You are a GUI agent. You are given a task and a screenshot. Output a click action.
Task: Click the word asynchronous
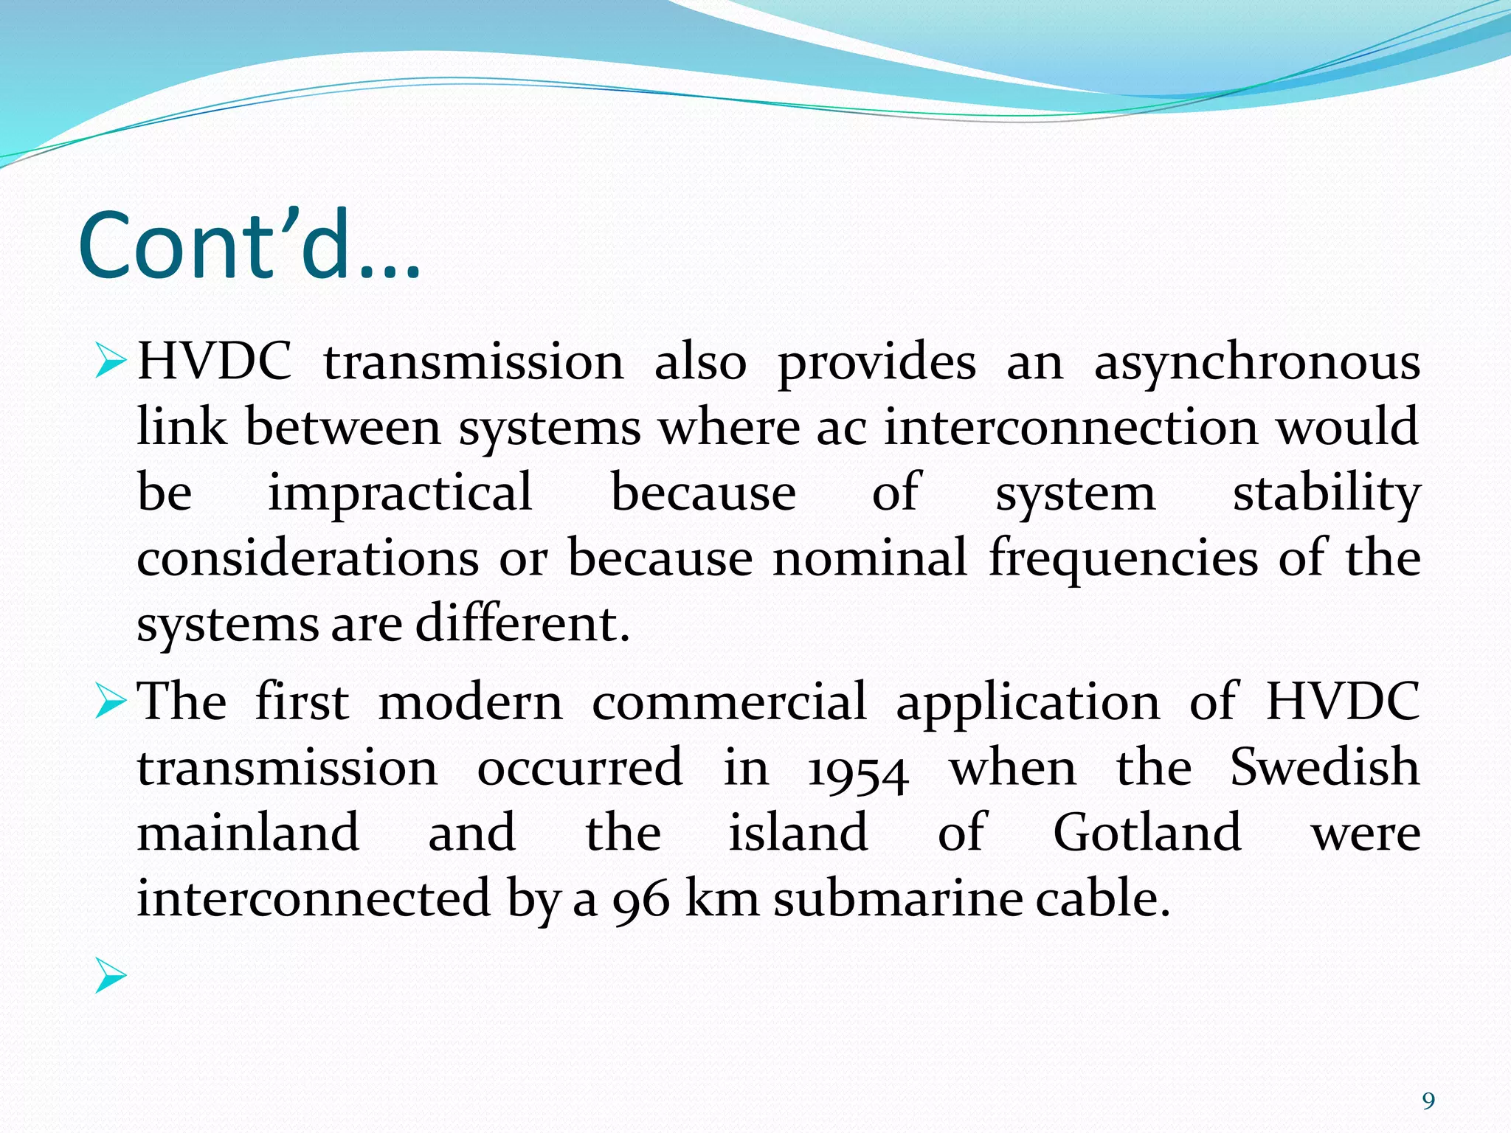click(1256, 363)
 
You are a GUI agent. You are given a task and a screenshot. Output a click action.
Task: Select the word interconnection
click(1071, 428)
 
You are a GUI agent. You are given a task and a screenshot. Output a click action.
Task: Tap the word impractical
click(400, 493)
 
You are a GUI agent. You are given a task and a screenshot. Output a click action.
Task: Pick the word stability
click(1326, 494)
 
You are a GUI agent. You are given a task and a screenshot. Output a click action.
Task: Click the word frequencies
click(1123, 558)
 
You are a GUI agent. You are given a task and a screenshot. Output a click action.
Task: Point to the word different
click(522, 624)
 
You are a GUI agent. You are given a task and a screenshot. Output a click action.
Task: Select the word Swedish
click(1324, 767)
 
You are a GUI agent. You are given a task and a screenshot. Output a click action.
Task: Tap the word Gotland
click(1147, 833)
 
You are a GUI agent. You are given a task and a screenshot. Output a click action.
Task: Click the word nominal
click(869, 558)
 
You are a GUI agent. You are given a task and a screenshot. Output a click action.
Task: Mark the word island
click(798, 833)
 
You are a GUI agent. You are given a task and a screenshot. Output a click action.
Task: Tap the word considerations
click(308, 558)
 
